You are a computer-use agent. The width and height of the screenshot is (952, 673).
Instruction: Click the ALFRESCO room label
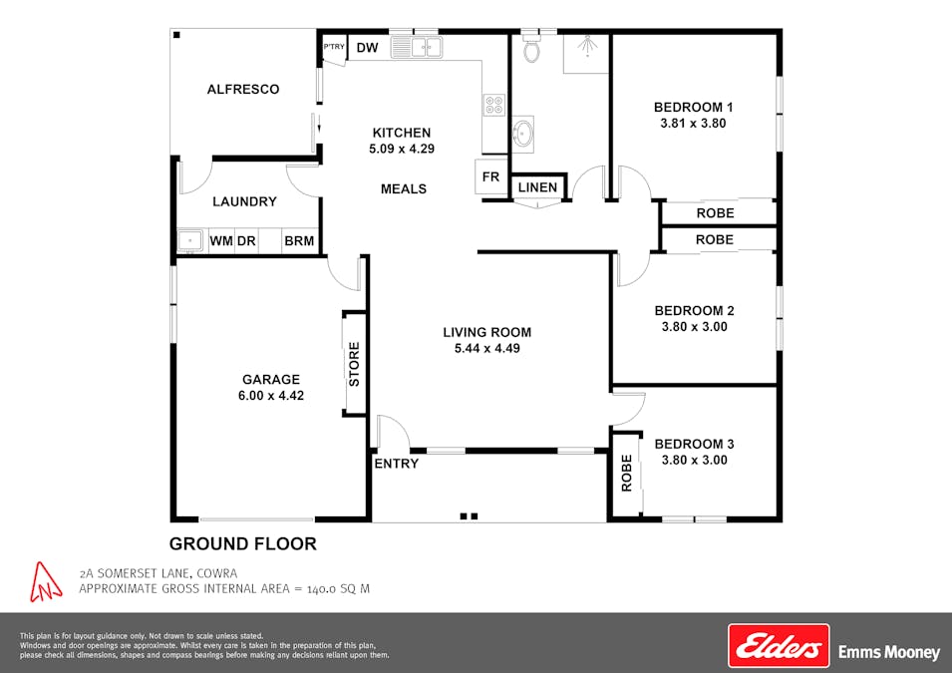coord(242,89)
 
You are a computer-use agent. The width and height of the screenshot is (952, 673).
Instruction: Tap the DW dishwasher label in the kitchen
coord(367,48)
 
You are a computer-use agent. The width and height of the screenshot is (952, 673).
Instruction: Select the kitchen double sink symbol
coord(417,47)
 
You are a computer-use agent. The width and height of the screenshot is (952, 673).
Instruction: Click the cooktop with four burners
coord(493,104)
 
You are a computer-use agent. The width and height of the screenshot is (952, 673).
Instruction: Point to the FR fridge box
coord(490,177)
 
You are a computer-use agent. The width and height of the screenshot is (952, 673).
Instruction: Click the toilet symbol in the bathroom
coord(531,50)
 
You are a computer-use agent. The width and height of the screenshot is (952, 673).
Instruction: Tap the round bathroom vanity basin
coord(522,132)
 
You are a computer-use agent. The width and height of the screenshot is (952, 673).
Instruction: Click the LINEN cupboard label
coord(537,187)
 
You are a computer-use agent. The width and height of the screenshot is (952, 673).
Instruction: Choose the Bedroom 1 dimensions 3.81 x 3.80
coord(693,124)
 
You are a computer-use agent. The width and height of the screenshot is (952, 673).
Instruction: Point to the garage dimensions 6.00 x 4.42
coord(271,395)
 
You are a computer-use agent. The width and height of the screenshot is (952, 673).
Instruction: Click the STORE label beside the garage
coord(355,364)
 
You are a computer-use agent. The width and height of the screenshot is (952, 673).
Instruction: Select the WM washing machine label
coord(220,240)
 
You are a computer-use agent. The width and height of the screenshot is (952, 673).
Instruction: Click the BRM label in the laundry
coord(299,240)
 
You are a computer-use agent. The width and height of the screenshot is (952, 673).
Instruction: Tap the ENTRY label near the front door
coord(396,464)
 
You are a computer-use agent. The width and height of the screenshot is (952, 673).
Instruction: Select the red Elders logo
coord(779,646)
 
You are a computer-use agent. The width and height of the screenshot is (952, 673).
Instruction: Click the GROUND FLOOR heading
coord(242,543)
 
